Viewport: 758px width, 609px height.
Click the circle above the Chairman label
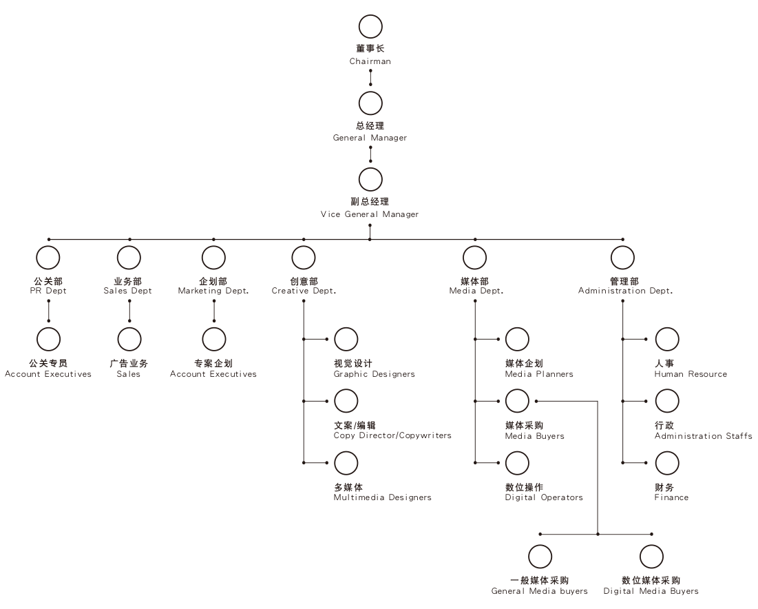(370, 27)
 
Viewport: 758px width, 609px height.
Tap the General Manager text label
(370, 138)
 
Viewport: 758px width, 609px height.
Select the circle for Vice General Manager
(370, 179)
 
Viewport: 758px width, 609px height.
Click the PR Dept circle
(48, 258)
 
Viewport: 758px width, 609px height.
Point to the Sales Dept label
(128, 291)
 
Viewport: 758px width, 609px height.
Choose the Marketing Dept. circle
(213, 258)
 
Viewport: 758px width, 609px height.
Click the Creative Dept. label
(304, 291)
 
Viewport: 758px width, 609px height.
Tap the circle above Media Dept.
(474, 258)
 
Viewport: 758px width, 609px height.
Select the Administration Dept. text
(625, 291)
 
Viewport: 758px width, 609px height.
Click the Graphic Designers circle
(346, 339)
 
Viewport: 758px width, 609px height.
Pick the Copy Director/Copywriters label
(392, 435)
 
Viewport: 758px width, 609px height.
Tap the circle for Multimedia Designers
(346, 463)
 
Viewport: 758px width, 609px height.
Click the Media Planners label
(539, 374)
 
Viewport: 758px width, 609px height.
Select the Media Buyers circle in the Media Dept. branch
(517, 401)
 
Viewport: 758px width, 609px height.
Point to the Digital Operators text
(544, 497)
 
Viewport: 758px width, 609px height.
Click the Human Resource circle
(666, 339)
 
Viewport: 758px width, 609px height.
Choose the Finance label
(671, 497)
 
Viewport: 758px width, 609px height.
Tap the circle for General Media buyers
(540, 557)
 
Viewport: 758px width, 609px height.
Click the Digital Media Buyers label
(651, 591)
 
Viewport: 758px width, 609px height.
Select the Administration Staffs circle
(666, 401)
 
